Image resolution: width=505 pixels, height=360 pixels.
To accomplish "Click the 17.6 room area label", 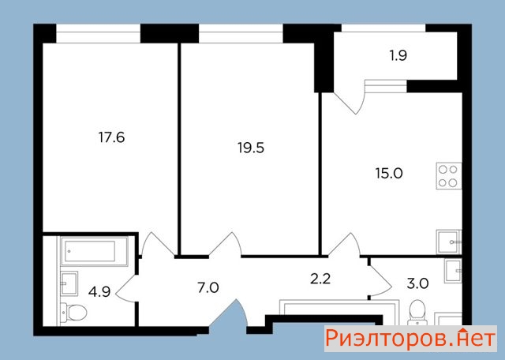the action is pyautogui.click(x=111, y=137).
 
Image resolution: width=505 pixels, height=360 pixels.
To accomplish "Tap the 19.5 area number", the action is pyautogui.click(x=251, y=148).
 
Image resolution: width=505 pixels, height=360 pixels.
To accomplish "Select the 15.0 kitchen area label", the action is pyautogui.click(x=389, y=174).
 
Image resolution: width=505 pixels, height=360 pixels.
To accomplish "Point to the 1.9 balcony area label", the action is pyautogui.click(x=398, y=56).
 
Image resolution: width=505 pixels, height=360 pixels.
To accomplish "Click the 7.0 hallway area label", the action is pyautogui.click(x=208, y=287).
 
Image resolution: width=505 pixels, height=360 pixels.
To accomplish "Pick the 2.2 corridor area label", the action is pyautogui.click(x=320, y=279).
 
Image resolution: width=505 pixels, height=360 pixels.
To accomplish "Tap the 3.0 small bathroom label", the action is pyautogui.click(x=417, y=284).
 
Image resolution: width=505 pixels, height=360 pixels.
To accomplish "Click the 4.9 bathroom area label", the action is pyautogui.click(x=99, y=292).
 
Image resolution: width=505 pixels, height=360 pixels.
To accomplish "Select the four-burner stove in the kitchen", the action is pyautogui.click(x=449, y=176).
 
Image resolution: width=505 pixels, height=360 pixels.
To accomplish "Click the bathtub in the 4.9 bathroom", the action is pyautogui.click(x=94, y=251).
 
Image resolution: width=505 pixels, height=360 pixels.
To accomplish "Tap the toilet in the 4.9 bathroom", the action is pyautogui.click(x=73, y=313).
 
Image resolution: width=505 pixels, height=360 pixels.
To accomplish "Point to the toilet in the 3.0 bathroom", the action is pyautogui.click(x=417, y=313).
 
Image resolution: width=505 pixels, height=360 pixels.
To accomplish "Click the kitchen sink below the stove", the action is pyautogui.click(x=449, y=242).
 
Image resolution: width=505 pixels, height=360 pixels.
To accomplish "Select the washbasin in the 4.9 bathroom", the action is pyautogui.click(x=69, y=283).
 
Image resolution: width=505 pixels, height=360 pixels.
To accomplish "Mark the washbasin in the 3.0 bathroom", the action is pyautogui.click(x=453, y=271).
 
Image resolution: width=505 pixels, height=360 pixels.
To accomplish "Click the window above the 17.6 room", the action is pyautogui.click(x=98, y=33).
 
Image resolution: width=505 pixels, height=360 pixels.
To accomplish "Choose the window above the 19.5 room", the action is pyautogui.click(x=241, y=33).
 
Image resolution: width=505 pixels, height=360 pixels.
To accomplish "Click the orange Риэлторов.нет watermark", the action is pyautogui.click(x=410, y=339).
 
